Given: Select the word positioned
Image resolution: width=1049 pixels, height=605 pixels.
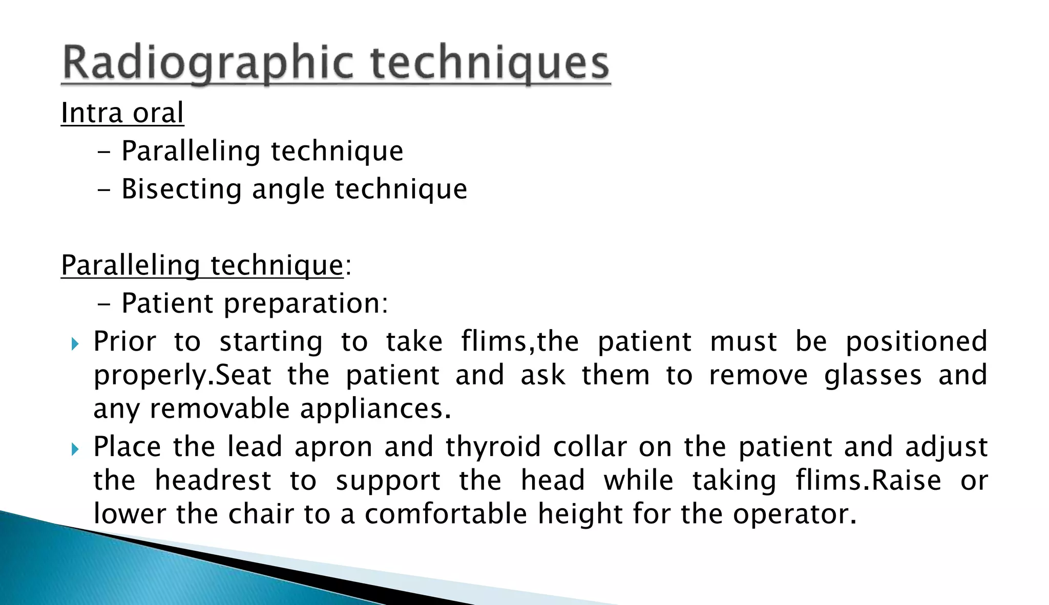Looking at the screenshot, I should pos(916,341).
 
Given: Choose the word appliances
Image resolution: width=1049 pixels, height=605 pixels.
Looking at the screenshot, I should pos(375,409).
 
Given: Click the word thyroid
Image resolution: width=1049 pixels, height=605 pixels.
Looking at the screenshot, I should pos(493,447).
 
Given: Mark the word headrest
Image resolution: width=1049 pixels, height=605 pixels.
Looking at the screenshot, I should pos(213,481).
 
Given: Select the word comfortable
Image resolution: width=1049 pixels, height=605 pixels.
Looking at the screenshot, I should pos(446,514).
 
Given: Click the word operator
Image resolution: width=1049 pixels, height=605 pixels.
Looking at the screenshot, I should pos(794,514).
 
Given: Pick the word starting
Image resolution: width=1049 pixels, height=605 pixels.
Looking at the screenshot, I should pos(271,342).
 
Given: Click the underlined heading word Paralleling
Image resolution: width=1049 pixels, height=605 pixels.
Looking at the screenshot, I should pos(130,266).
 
